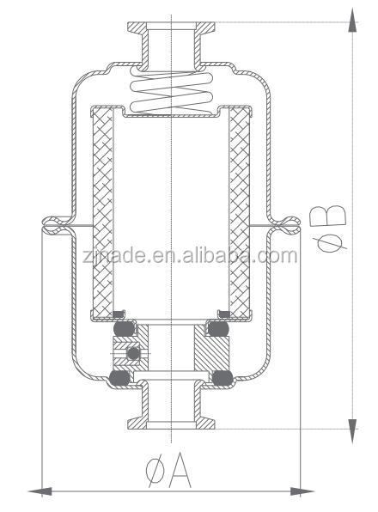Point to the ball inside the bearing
coord(131,354)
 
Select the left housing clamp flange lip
coord(52,226)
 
